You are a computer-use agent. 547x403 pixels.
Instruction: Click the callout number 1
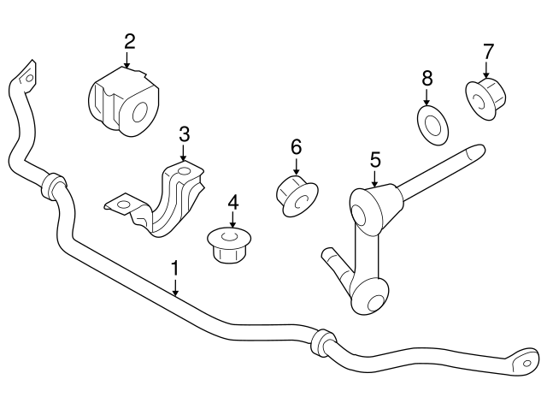(174, 269)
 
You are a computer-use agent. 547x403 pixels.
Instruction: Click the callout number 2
(129, 41)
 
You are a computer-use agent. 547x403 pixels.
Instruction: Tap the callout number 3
(184, 133)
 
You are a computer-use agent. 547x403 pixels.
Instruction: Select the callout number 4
(232, 203)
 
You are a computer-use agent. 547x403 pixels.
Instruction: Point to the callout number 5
(374, 158)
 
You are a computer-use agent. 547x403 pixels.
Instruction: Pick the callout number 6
(296, 146)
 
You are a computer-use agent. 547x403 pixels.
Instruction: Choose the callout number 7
(488, 50)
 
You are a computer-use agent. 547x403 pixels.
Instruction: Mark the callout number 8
(427, 78)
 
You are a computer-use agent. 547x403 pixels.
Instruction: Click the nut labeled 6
(295, 193)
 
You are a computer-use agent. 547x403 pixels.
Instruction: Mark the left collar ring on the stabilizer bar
(53, 184)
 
